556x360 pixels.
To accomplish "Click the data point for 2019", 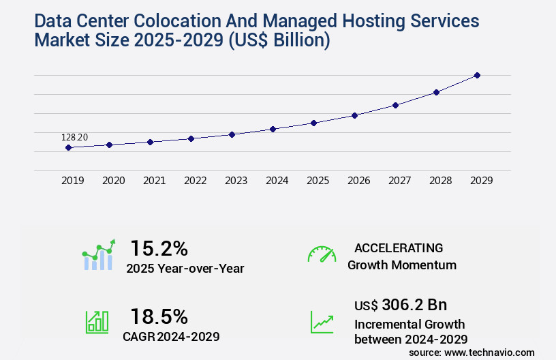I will pyautogui.click(x=68, y=147).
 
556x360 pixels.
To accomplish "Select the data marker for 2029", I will pyautogui.click(x=477, y=75).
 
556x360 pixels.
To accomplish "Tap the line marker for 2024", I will pyautogui.click(x=273, y=129).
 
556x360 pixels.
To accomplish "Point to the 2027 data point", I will pyautogui.click(x=395, y=105).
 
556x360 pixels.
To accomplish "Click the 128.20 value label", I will pyautogui.click(x=74, y=138).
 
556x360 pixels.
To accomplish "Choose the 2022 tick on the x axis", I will pyautogui.click(x=195, y=181).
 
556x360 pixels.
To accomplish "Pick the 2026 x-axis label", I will pyautogui.click(x=358, y=181).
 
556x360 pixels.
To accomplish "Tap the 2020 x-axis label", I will pyautogui.click(x=113, y=181).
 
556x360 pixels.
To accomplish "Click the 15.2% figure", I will pyautogui.click(x=159, y=248).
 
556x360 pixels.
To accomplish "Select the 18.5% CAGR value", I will pyautogui.click(x=159, y=316).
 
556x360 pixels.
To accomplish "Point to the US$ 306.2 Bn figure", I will pyautogui.click(x=401, y=304).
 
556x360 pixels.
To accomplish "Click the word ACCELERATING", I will pyautogui.click(x=399, y=248).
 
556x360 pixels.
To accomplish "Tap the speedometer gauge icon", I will pyautogui.click(x=322, y=254).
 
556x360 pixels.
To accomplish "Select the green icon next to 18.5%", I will pyautogui.click(x=97, y=322).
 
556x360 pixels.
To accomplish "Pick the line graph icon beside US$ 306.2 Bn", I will pyautogui.click(x=322, y=322).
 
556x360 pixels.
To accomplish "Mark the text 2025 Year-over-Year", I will pyautogui.click(x=185, y=268).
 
